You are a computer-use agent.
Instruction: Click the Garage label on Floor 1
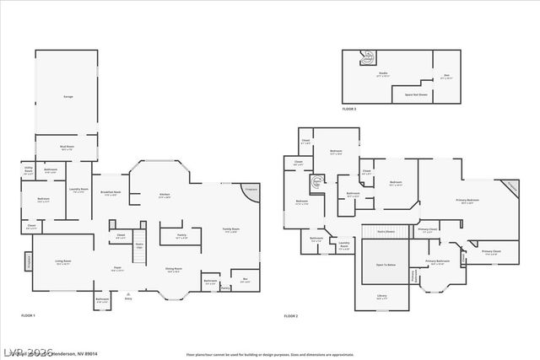pos(67,97)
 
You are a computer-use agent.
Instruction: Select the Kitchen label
pos(165,196)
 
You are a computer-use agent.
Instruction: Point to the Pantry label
pos(181,237)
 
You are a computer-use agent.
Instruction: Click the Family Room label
pos(230,230)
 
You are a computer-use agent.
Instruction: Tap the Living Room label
pos(63,262)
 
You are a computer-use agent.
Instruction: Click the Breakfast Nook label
pos(111,193)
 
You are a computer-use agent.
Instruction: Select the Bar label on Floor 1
pos(245,280)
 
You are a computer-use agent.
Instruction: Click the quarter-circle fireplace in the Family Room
pos(251,191)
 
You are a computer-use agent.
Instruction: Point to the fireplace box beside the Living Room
pos(29,262)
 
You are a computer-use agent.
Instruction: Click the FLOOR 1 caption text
pos(29,315)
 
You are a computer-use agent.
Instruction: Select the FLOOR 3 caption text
pos(349,110)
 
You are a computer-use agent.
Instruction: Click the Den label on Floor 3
pos(447,77)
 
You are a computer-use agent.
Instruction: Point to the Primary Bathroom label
pos(437,262)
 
